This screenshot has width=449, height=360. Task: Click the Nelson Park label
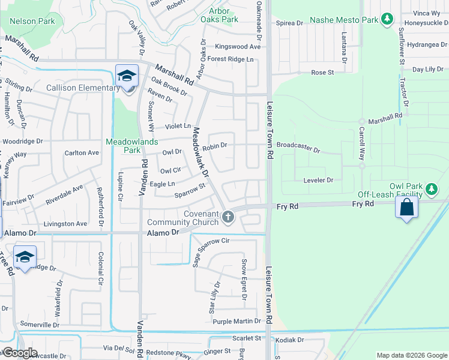pos(32,22)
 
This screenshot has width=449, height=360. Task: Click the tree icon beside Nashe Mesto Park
pos(388,20)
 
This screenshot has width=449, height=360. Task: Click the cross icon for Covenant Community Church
pos(227,217)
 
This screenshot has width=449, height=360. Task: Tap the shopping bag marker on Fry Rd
pos(406,208)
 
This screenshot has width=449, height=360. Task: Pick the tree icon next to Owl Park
pos(431,190)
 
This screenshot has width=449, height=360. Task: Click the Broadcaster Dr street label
pos(298,146)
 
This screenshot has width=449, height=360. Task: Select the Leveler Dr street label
pos(318,180)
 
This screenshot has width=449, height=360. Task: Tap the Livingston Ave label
pos(67,224)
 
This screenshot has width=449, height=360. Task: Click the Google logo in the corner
pos(20,353)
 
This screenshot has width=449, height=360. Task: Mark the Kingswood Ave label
pos(238,47)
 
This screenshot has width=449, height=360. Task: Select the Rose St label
pos(322,73)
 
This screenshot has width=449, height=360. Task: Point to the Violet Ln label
pos(178,127)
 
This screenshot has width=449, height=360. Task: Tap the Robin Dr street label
pos(214,145)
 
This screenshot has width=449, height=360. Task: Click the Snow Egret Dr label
pos(244,280)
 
